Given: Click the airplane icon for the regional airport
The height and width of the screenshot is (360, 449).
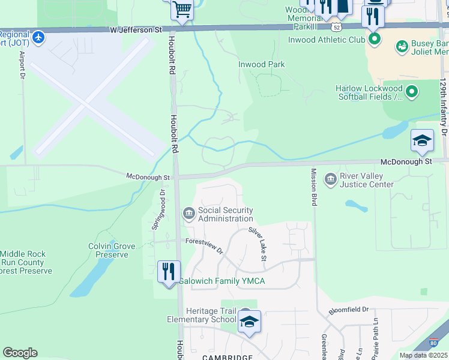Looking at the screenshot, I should coord(39,37).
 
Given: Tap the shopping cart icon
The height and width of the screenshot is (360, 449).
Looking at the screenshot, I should coord(181,9).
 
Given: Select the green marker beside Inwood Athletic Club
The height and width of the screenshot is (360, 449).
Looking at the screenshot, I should coord(375,40).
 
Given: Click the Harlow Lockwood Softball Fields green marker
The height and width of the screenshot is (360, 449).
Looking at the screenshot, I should coord(412,92).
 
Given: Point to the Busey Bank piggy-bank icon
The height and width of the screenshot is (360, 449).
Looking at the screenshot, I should coord(402,46).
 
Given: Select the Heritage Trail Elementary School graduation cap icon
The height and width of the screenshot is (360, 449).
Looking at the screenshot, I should coord(249,322).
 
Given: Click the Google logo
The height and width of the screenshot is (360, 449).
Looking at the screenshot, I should coord(20,353).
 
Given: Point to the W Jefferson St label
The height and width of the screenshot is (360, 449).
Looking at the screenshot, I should coord(136,29).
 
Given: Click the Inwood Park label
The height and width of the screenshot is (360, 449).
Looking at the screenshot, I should coord(261,64).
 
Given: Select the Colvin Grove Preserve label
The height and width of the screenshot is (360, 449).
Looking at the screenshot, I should coord(109,250).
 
